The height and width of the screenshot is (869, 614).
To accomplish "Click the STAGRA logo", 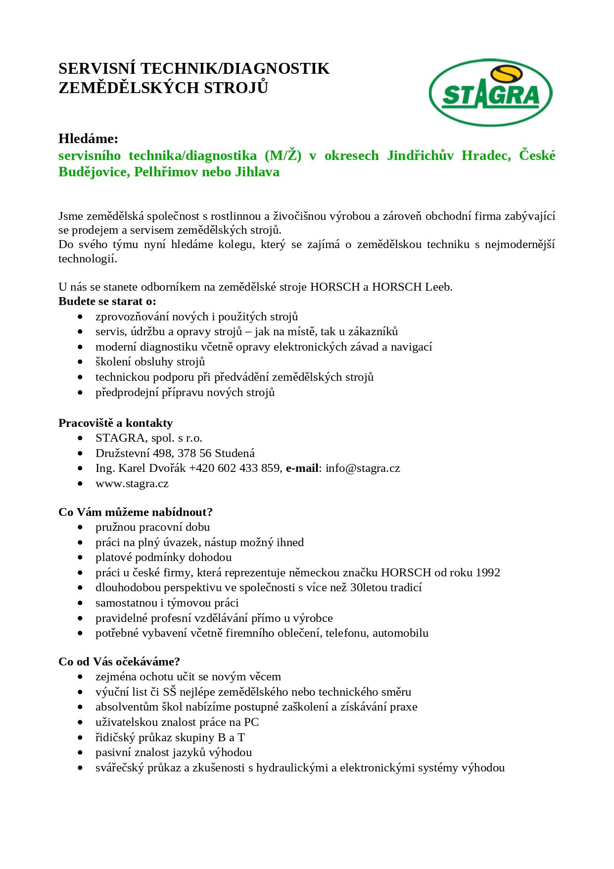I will pyautogui.click(x=490, y=93).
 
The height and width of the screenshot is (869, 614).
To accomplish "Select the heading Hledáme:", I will pyautogui.click(x=88, y=138).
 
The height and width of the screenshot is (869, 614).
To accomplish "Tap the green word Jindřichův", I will pyautogui.click(x=420, y=155).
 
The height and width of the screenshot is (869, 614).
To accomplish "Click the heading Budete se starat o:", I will pyautogui.click(x=107, y=301).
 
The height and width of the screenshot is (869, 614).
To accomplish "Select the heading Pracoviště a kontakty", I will pyautogui.click(x=115, y=423).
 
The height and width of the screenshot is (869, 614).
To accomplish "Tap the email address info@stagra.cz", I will pyautogui.click(x=363, y=468).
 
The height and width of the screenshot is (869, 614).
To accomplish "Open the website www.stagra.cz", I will pyautogui.click(x=132, y=483).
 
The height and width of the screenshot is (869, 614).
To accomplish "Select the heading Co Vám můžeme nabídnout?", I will pyautogui.click(x=135, y=512).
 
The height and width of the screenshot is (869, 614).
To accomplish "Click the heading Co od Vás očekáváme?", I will pyautogui.click(x=119, y=662).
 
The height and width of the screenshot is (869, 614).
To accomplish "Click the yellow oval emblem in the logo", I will pyautogui.click(x=506, y=75).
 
